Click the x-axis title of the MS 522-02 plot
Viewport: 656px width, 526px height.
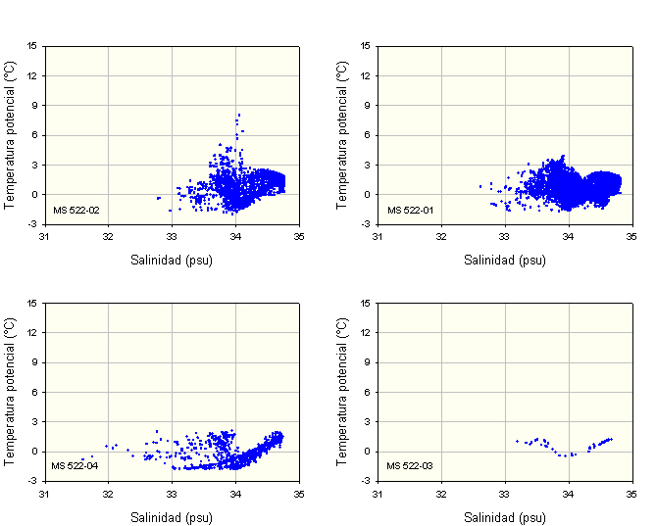tap(172, 261)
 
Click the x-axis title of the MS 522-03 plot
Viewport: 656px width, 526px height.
tap(505, 517)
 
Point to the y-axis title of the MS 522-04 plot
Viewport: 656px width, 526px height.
tap(10, 392)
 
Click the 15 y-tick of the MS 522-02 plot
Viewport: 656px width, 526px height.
tap(33, 45)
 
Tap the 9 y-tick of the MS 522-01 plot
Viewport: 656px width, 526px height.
tap(365, 105)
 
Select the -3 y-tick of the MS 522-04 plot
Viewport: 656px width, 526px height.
tap(33, 481)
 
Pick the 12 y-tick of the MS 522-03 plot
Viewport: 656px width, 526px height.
tap(365, 333)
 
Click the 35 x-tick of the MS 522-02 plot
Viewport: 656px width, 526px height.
tap(299, 236)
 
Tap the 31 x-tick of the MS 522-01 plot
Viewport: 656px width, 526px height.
tap(378, 236)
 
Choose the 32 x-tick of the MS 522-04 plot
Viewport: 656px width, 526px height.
tap(108, 493)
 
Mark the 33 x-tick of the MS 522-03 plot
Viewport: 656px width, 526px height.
tap(505, 493)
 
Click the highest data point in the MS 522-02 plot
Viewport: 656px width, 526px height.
tap(238, 115)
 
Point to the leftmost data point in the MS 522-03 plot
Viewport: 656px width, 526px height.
tap(517, 441)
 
